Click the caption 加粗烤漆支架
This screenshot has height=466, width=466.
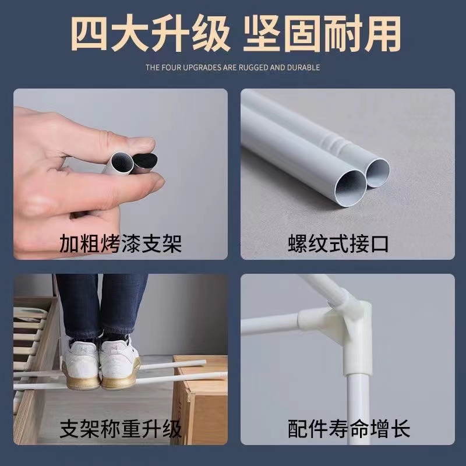click(x=121, y=243)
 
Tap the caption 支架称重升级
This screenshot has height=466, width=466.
click(x=121, y=429)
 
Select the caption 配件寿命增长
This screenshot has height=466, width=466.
click(x=348, y=429)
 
